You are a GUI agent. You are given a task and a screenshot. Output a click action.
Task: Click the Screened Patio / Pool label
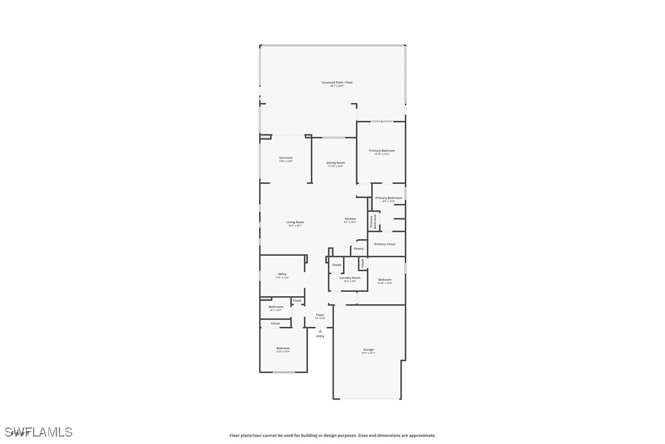[337, 83]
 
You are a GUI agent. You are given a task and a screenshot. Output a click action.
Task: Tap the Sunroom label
[286, 158]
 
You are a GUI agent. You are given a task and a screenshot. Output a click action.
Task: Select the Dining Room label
[336, 163]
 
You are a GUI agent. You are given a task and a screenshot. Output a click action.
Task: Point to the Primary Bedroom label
[381, 151]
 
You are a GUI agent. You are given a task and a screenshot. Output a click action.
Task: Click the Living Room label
[295, 223]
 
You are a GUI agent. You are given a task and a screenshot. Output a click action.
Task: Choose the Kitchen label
[350, 219]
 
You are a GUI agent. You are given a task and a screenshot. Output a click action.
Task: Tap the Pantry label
[359, 248]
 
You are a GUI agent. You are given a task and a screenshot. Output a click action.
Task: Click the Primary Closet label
[385, 244]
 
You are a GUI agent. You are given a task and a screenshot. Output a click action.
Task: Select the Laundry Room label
[350, 278]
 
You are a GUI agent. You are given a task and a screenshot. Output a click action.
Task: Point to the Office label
[282, 275]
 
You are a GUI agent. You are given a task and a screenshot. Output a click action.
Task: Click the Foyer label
[320, 315]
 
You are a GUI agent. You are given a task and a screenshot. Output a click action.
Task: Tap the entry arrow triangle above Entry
[320, 331]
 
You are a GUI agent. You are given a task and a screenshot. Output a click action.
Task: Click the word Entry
[320, 336]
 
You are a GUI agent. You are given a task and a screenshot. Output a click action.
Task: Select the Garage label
[368, 350]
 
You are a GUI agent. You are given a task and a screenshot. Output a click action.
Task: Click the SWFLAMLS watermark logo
[37, 432]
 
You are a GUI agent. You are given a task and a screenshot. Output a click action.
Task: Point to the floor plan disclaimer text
[332, 435]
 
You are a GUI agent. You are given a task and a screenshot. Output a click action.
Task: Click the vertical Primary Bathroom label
[372, 221]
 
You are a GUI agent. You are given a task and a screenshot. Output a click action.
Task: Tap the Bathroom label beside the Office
[276, 307]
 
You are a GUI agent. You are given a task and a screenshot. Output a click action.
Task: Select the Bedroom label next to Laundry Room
[385, 280]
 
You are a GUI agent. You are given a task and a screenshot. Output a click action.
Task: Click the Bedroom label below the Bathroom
[283, 348]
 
